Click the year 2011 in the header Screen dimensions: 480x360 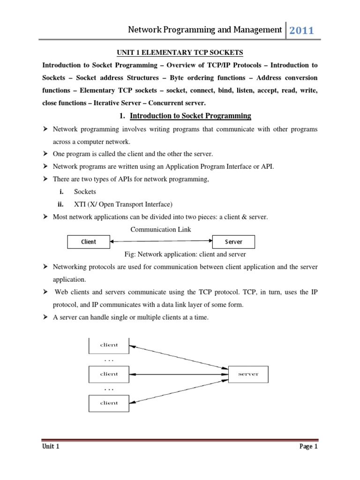(x=301, y=31)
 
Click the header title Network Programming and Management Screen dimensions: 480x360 (x=205, y=30)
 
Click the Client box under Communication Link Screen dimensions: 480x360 (x=88, y=242)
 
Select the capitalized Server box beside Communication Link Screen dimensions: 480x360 (x=234, y=242)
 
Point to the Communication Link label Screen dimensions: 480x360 (x=160, y=229)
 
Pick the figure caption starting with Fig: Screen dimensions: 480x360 (x=185, y=254)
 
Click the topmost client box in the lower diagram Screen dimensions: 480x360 (x=109, y=345)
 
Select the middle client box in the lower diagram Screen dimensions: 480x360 (x=109, y=374)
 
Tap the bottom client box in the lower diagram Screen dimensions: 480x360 (x=109, y=403)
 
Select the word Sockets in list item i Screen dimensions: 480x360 (x=85, y=192)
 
